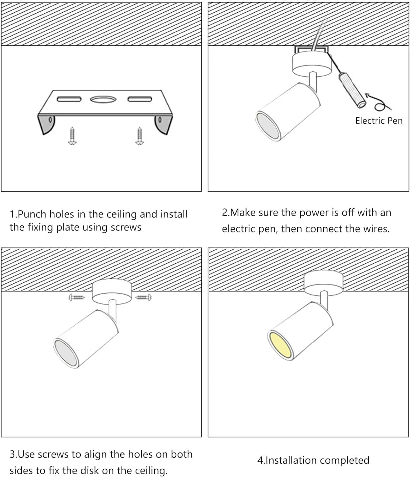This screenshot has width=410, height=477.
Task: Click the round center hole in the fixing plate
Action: (x=103, y=100)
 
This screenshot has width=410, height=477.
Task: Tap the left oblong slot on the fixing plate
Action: (x=69, y=99)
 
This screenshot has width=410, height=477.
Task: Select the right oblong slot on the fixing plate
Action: (x=140, y=99)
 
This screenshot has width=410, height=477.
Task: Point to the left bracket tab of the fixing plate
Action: (x=46, y=124)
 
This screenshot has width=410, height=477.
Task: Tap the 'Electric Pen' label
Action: (x=379, y=121)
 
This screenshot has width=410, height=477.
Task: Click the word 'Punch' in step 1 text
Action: (x=31, y=214)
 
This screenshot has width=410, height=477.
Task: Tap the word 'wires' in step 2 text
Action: (x=375, y=229)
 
